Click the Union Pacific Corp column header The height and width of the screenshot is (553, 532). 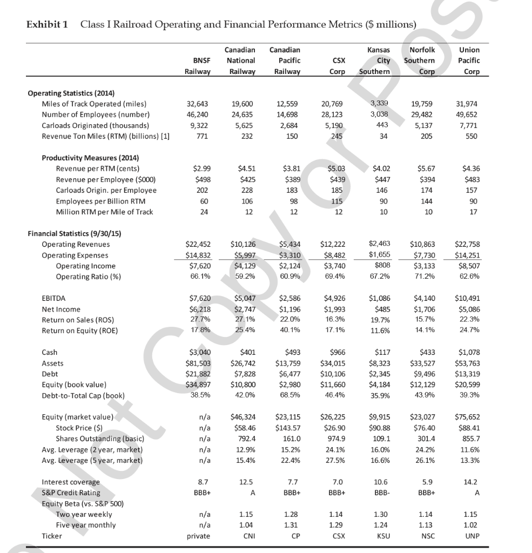point(468,60)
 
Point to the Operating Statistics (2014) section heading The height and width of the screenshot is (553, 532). point(71,93)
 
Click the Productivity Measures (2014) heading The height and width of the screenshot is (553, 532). point(90,158)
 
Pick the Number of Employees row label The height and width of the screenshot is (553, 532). point(96,114)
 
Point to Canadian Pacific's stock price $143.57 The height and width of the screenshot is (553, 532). point(287,428)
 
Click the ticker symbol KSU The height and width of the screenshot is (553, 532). point(382,536)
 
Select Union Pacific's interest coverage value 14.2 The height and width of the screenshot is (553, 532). point(471,482)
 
